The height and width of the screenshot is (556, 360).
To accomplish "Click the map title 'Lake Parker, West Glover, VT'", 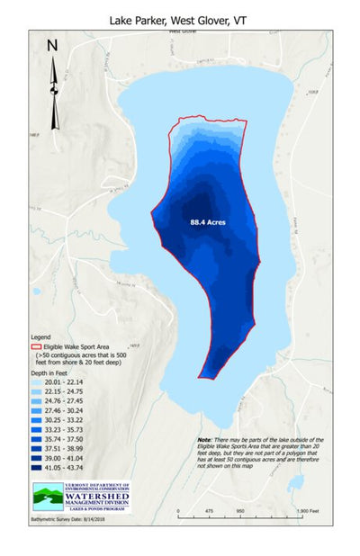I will click(x=180, y=18).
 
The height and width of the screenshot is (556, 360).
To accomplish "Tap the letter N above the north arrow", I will click(x=52, y=45).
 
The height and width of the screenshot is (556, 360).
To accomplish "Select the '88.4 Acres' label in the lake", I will click(x=207, y=220).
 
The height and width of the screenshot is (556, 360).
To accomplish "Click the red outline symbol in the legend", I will click(x=36, y=345).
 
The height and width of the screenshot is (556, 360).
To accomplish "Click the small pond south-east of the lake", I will click(x=295, y=483).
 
